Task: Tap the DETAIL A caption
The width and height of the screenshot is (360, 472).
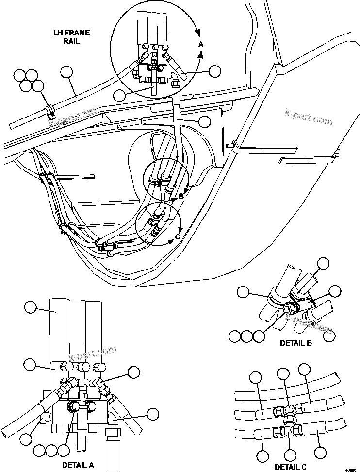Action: (x=78, y=465)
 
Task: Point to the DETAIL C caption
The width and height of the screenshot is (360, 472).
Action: (x=290, y=467)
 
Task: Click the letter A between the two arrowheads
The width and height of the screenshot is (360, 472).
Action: (x=201, y=44)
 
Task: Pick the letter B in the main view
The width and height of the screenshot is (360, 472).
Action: (x=181, y=196)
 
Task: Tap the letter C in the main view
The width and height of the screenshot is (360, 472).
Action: (x=178, y=236)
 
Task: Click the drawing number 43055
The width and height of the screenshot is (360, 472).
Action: (x=350, y=469)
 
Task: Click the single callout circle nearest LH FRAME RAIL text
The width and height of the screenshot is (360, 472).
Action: (x=67, y=73)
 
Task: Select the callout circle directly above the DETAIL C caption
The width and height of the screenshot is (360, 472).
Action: (x=290, y=455)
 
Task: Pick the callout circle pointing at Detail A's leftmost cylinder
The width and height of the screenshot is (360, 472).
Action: (x=30, y=307)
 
